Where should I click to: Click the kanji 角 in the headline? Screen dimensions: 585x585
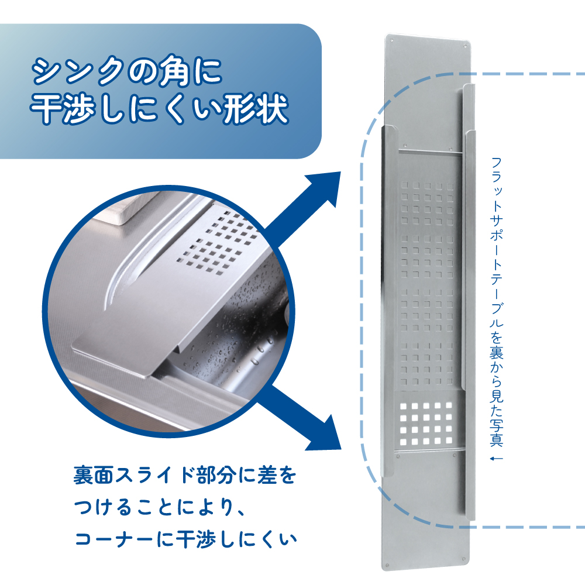174,72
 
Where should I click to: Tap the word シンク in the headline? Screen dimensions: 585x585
78,71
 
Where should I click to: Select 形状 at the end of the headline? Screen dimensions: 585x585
256,108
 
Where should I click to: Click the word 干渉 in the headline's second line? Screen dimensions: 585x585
63,108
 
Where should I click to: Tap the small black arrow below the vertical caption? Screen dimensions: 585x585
497,459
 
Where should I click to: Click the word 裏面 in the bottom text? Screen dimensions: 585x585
94,475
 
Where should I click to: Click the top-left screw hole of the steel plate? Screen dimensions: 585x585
391,40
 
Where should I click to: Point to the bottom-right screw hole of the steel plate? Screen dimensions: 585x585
464,560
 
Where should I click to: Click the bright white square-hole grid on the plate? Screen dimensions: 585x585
426,424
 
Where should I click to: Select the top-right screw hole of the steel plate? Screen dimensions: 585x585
465,46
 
